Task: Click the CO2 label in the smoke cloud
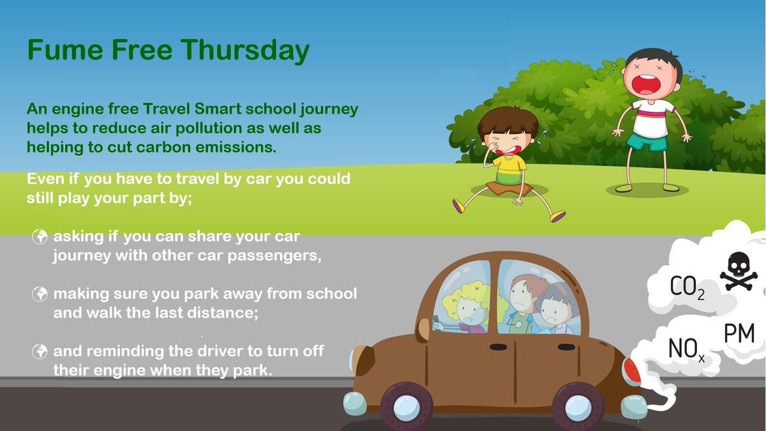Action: pyautogui.click(x=687, y=287)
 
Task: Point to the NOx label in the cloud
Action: pyautogui.click(x=686, y=349)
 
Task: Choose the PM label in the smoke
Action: pyautogui.click(x=739, y=333)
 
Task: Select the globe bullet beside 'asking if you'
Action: pyautogui.click(x=40, y=237)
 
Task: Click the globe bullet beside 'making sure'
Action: pyautogui.click(x=40, y=294)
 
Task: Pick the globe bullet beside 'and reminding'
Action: pyautogui.click(x=40, y=351)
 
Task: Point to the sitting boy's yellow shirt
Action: pyautogui.click(x=508, y=170)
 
